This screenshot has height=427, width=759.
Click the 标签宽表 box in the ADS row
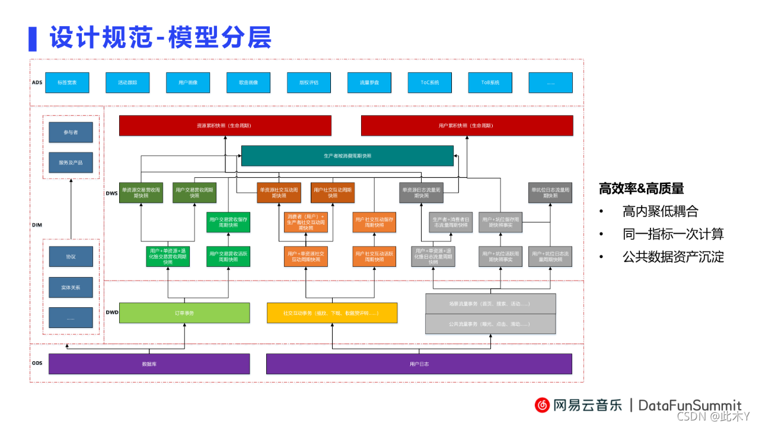(x=67, y=82)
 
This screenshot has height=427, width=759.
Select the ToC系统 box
(x=430, y=82)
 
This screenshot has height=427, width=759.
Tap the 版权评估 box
(x=309, y=82)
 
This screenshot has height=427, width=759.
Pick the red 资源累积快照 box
(x=225, y=126)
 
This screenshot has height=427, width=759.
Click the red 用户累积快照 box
(x=467, y=126)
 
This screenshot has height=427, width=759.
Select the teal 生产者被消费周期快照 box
(x=347, y=156)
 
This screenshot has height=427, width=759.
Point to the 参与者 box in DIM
(x=71, y=132)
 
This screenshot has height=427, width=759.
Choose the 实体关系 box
(x=71, y=287)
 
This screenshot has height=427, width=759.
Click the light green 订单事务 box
(x=184, y=313)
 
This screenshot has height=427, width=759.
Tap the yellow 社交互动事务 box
(x=331, y=313)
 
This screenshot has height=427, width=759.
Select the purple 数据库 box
(x=149, y=364)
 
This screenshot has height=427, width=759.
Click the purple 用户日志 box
(x=419, y=364)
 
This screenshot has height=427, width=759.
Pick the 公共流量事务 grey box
(x=490, y=324)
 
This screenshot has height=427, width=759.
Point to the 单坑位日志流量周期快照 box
(x=551, y=192)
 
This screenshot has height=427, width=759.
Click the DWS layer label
(x=111, y=193)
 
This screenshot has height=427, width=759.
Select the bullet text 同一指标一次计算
(x=673, y=234)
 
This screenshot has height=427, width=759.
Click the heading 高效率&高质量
(x=641, y=189)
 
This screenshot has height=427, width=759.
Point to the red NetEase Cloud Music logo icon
(x=542, y=405)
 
